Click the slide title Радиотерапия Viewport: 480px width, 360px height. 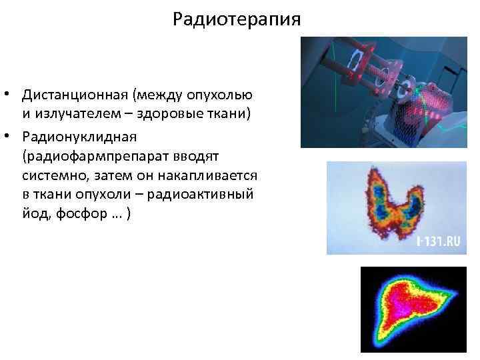point(237,19)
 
